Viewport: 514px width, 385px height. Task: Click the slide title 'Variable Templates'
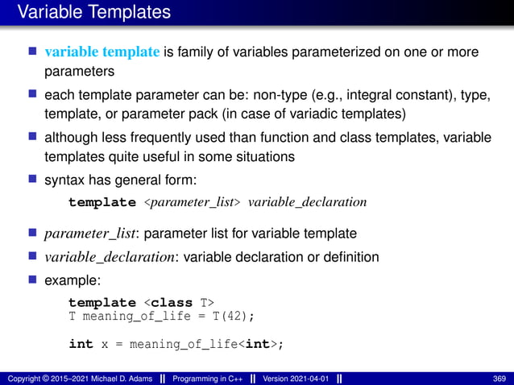[x=93, y=13]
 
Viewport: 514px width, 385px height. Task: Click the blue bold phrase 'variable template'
[x=102, y=53]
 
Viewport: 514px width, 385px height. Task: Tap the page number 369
[x=499, y=379]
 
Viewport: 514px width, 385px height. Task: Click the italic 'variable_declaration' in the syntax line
[x=307, y=202]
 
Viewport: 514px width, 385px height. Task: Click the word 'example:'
[x=73, y=280]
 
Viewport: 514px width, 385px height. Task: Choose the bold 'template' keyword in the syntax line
[x=102, y=202]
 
